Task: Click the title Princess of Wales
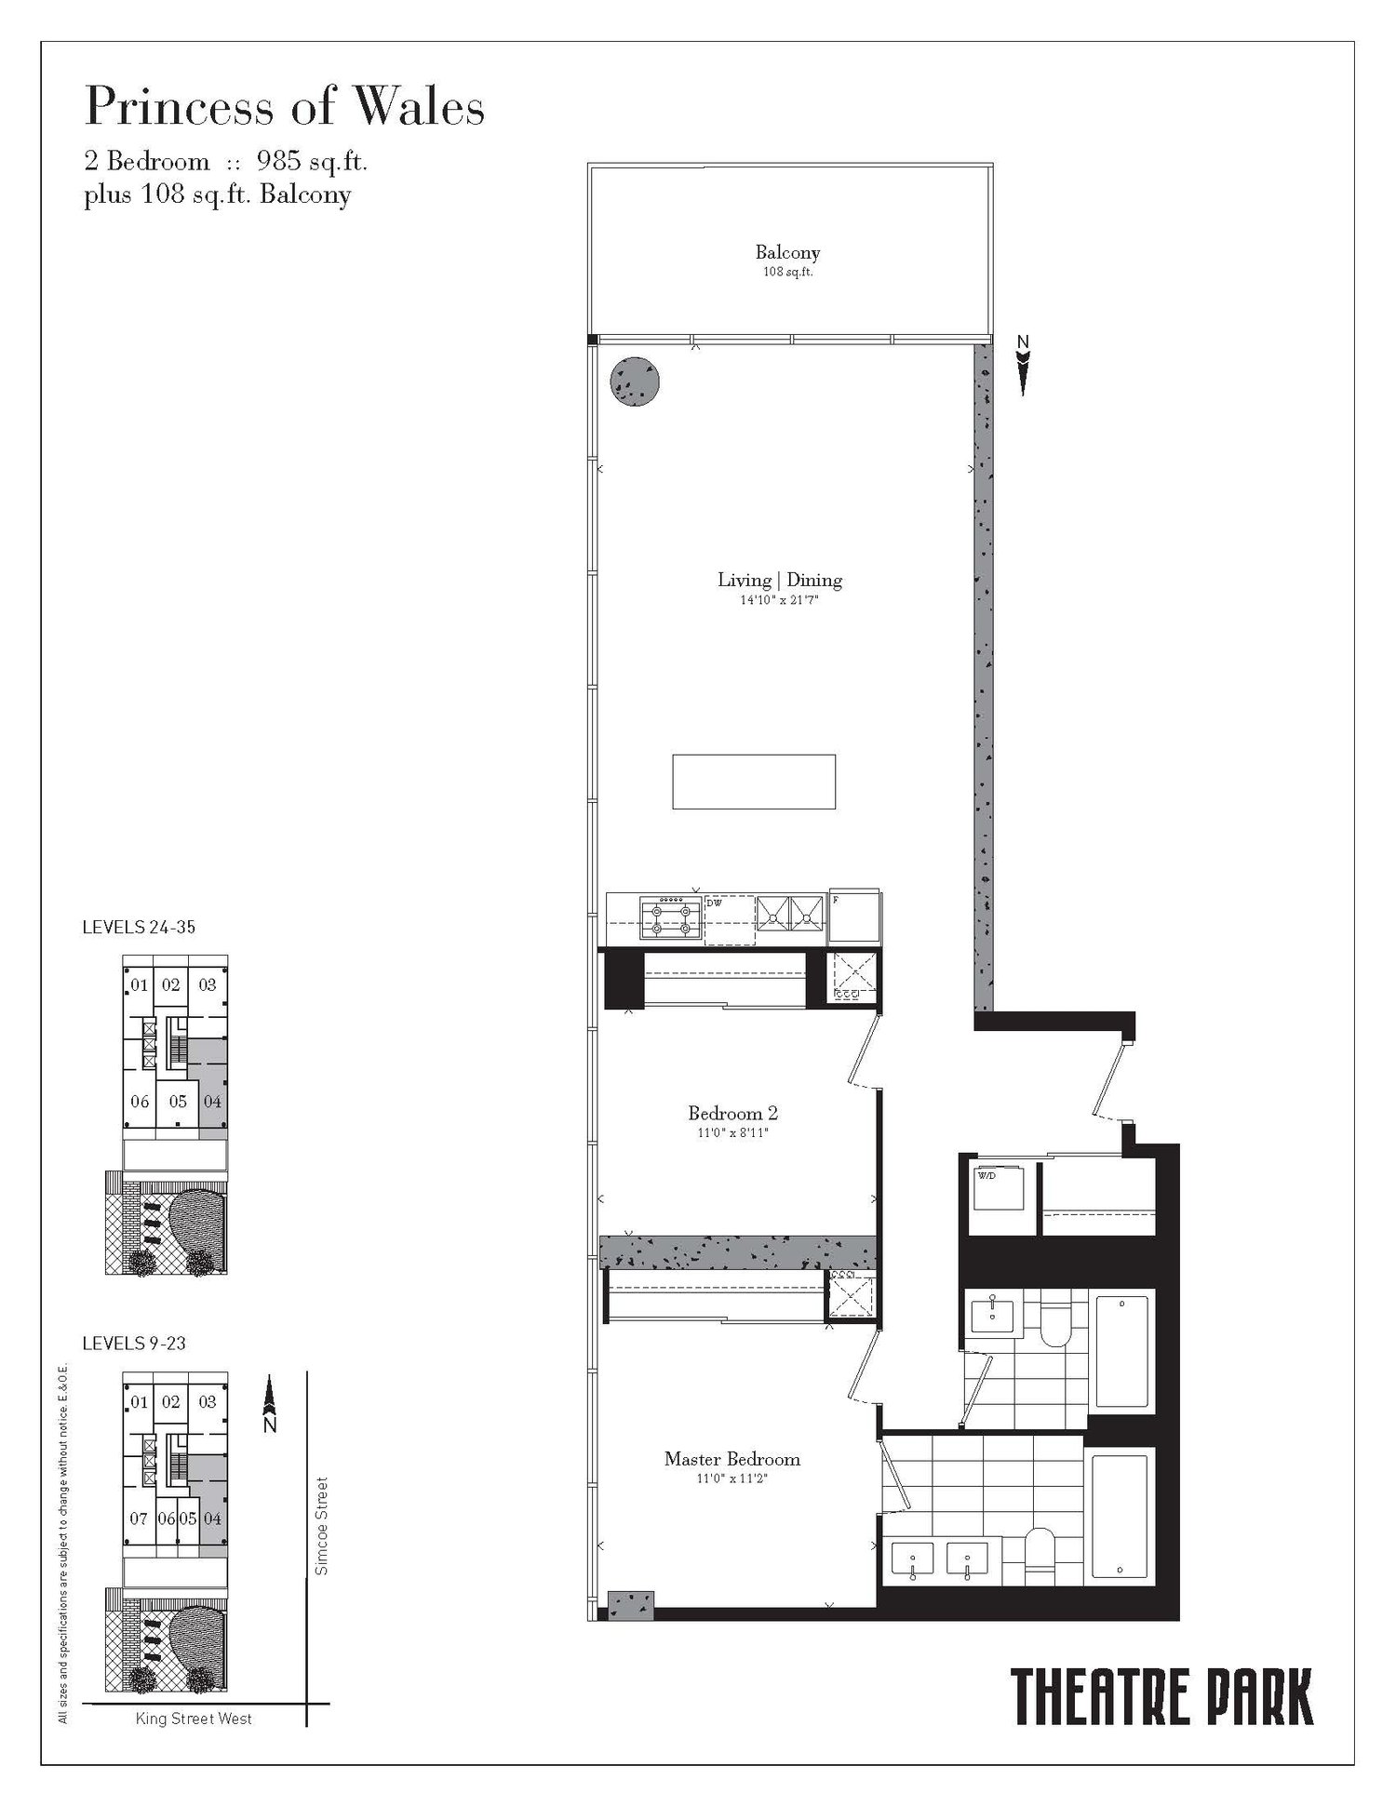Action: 285,108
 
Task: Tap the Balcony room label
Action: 787,252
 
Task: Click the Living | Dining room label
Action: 780,581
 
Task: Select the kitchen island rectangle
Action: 754,782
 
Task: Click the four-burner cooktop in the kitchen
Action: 670,916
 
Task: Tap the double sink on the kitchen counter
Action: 790,913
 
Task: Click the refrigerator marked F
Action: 853,916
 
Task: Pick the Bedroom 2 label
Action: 733,1113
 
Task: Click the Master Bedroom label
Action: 732,1459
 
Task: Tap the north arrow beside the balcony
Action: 1024,365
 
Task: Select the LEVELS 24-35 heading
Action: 139,927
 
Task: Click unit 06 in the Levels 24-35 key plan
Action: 140,1102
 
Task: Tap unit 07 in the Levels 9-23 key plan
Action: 139,1518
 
